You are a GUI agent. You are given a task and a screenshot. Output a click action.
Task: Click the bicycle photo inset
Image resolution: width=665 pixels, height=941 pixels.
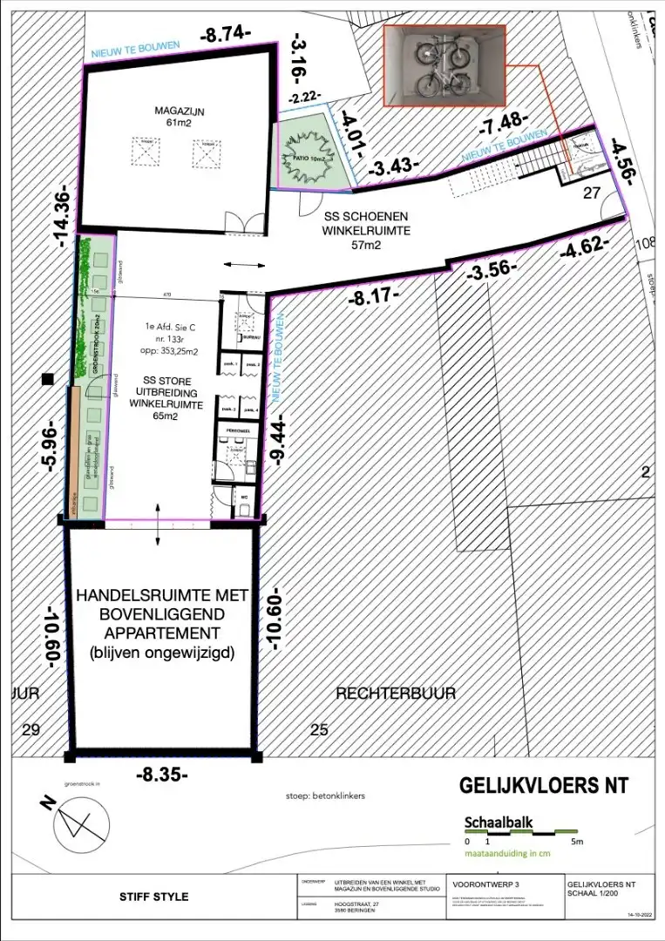click(444, 66)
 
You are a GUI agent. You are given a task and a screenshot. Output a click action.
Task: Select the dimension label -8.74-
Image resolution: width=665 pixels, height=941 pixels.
click(225, 36)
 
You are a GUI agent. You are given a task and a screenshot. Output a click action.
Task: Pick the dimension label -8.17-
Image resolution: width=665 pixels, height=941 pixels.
click(372, 294)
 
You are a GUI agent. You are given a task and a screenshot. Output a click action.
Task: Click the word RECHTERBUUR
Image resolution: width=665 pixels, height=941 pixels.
click(397, 693)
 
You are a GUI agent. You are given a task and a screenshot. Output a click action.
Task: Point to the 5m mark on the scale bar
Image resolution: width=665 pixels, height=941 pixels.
click(577, 842)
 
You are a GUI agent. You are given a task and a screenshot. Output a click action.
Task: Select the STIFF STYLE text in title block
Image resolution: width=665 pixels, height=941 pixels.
click(153, 897)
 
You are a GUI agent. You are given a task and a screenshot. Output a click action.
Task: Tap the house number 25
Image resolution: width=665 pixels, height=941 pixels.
click(320, 729)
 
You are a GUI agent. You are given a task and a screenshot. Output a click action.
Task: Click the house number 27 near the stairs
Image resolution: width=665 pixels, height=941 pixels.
click(592, 193)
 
